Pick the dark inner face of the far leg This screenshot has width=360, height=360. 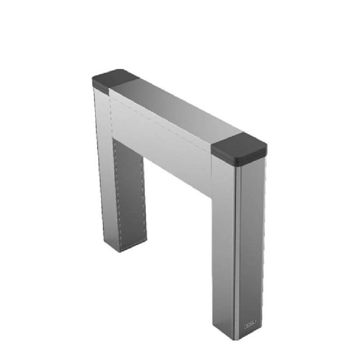(x=130, y=193)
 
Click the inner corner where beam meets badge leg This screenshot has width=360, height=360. (x=211, y=198)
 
